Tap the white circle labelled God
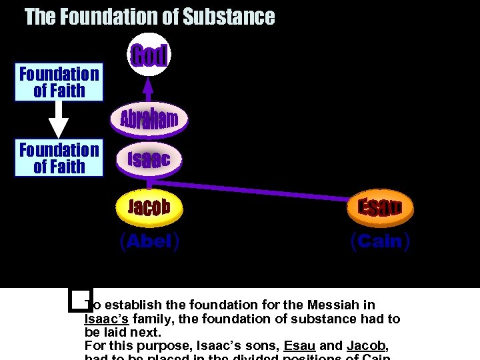(149, 55)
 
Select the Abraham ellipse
(149, 119)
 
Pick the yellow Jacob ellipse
(149, 207)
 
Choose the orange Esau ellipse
(381, 207)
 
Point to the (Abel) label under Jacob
(149, 241)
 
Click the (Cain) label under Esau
(380, 241)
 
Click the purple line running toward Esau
(267, 189)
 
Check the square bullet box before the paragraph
(79, 301)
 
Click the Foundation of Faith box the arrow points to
(59, 158)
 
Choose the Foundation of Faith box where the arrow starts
(59, 82)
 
